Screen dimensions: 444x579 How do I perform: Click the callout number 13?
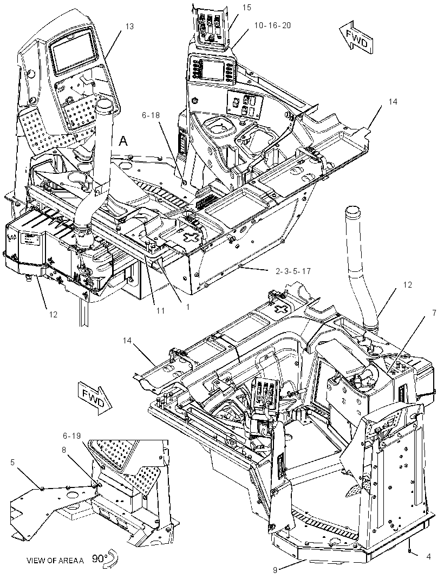tap(129, 26)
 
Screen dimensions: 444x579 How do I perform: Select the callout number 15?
tap(247, 8)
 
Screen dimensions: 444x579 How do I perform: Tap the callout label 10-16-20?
tap(272, 25)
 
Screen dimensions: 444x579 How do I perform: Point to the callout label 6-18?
tap(151, 115)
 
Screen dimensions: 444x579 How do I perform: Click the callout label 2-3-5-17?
tap(293, 271)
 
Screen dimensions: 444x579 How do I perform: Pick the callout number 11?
tap(160, 311)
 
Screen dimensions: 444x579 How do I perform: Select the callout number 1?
tap(187, 307)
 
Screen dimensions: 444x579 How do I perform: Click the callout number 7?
tap(434, 314)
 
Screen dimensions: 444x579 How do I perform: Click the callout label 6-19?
tap(71, 435)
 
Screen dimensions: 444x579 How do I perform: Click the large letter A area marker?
tap(124, 141)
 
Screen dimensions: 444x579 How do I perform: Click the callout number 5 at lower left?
tap(12, 462)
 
